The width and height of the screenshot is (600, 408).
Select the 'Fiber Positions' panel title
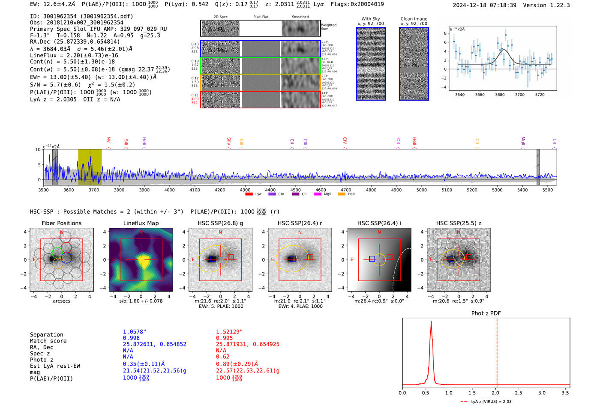pyautogui.click(x=61, y=223)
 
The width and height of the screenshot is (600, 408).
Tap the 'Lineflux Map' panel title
pyautogui.click(x=141, y=223)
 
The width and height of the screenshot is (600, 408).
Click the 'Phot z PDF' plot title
pyautogui.click(x=486, y=313)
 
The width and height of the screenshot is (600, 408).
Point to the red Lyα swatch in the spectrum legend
pyautogui.click(x=249, y=194)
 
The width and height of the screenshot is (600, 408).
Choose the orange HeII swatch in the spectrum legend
pyautogui.click(x=342, y=194)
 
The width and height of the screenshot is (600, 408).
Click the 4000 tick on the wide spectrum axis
pyautogui.click(x=169, y=190)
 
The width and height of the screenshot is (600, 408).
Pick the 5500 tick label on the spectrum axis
pyautogui.click(x=547, y=190)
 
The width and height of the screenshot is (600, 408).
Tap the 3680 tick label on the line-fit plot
pyautogui.click(x=500, y=95)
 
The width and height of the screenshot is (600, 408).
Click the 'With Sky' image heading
pyautogui.click(x=371, y=19)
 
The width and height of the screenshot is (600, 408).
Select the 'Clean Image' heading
pyautogui.click(x=414, y=19)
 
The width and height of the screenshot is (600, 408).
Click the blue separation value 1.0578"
pyautogui.click(x=135, y=332)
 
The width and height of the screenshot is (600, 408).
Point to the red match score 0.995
pyautogui.click(x=225, y=338)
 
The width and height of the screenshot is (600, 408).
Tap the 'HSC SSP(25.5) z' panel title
pyautogui.click(x=459, y=223)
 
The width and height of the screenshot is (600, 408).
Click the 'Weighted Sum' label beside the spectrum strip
pyautogui.click(x=329, y=27)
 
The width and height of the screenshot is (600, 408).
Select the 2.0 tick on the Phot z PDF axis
pyautogui.click(x=495, y=393)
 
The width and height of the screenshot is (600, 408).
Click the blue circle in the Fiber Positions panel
pyautogui.click(x=66, y=258)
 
